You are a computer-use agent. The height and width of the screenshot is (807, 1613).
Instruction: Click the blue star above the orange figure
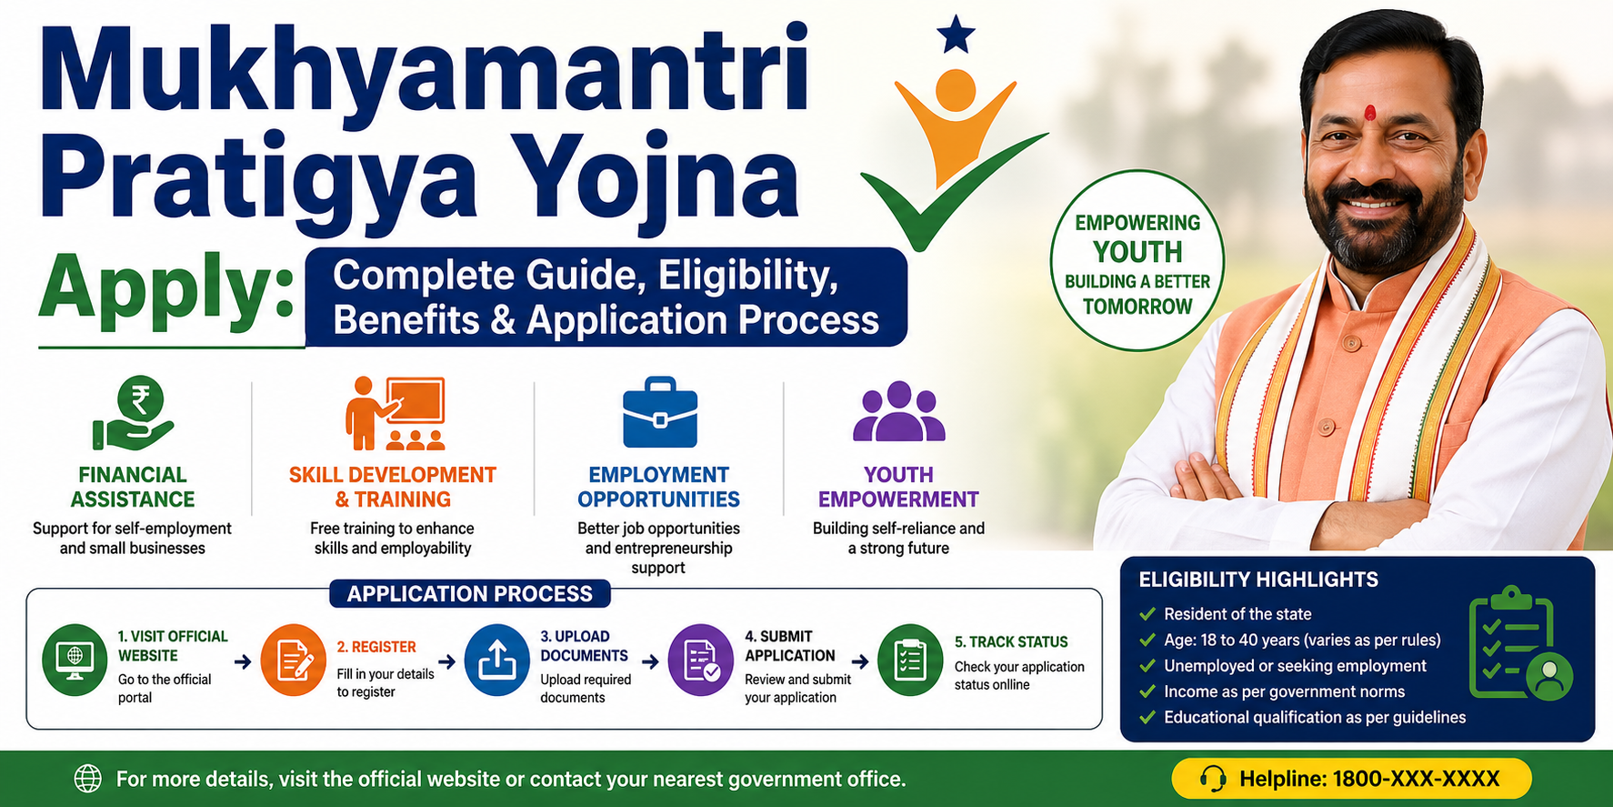[x=955, y=35]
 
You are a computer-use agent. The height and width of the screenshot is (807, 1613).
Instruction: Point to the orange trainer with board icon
[x=396, y=414]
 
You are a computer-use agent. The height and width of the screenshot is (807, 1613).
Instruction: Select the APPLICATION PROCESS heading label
[x=469, y=594]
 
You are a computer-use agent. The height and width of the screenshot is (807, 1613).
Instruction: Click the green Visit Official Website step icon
[x=75, y=660]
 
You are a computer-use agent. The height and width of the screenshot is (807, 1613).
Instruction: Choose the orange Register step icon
[x=293, y=660]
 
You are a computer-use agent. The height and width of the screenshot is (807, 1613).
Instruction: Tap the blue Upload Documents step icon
[x=496, y=660]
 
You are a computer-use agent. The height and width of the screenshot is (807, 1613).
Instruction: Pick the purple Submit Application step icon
[x=700, y=660]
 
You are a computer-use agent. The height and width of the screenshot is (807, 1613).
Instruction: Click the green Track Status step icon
[x=909, y=660]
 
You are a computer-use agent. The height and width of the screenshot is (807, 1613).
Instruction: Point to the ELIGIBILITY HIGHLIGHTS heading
[x=1258, y=580]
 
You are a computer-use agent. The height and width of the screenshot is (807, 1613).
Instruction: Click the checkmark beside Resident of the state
[x=1147, y=614]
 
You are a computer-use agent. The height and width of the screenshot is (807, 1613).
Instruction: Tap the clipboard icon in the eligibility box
[x=1515, y=643]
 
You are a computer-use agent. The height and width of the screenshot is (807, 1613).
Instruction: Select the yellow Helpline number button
[x=1351, y=779]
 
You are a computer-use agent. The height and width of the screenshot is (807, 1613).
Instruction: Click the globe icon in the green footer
[x=87, y=779]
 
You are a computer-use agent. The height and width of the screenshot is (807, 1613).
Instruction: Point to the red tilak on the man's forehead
[x=1370, y=114]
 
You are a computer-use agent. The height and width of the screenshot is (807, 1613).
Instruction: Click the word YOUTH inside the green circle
[x=1137, y=252]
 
